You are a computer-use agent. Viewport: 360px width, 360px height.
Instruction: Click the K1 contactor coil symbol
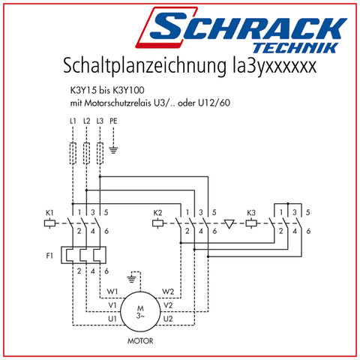point(49,223)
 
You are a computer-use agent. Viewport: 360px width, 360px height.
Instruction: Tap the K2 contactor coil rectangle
point(158,223)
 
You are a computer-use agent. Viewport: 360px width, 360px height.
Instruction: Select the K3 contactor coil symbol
point(251,223)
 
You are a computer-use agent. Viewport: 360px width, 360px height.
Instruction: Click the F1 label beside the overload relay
point(49,256)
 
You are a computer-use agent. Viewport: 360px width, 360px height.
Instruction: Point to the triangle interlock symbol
point(229,224)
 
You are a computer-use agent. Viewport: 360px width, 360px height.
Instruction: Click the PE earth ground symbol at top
point(113,150)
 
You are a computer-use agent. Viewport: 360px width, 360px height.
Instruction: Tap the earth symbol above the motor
point(131,279)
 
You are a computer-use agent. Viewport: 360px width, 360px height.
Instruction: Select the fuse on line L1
point(73,153)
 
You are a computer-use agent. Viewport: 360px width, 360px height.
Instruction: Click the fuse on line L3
point(100,153)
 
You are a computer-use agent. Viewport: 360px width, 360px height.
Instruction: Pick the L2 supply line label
point(86,121)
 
